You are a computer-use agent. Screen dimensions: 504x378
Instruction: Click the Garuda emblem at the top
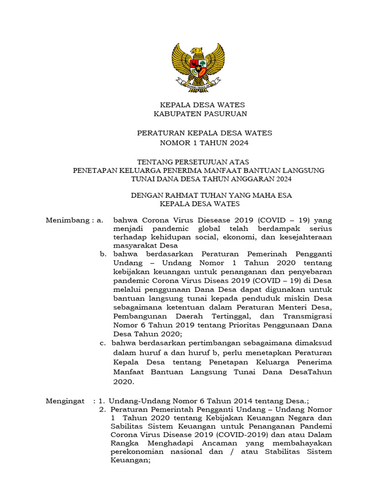click(x=198, y=65)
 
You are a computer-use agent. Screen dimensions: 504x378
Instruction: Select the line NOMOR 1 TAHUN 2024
click(x=204, y=143)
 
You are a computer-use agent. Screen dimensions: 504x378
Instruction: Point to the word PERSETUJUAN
click(x=194, y=161)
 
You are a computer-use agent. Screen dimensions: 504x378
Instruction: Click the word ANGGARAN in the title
click(x=255, y=179)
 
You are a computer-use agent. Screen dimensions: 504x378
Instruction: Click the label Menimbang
click(x=67, y=220)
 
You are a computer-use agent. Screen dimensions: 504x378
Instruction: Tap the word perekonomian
click(x=142, y=452)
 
